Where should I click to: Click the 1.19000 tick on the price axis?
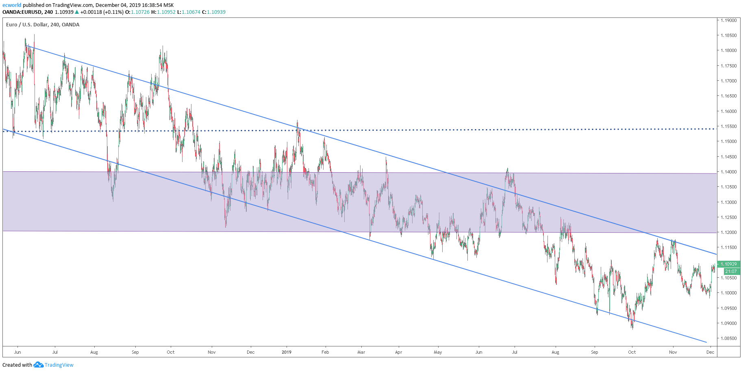(728, 20)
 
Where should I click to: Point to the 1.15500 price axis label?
(728, 126)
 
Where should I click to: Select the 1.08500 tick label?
(728, 338)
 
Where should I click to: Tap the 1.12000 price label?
(728, 232)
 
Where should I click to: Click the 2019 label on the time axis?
(287, 352)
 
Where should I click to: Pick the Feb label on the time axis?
(325, 352)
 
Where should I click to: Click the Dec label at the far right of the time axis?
(710, 352)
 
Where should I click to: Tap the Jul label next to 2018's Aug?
(55, 352)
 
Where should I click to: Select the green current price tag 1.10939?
(728, 264)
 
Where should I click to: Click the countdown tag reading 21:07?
(730, 271)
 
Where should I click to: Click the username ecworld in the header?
(12, 5)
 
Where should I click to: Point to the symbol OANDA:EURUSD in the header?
(22, 12)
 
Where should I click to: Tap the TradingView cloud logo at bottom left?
(38, 365)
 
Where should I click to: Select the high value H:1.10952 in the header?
(163, 12)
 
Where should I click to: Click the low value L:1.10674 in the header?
(189, 12)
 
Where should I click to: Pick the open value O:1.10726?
(137, 12)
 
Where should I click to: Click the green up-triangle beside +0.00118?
(77, 12)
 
